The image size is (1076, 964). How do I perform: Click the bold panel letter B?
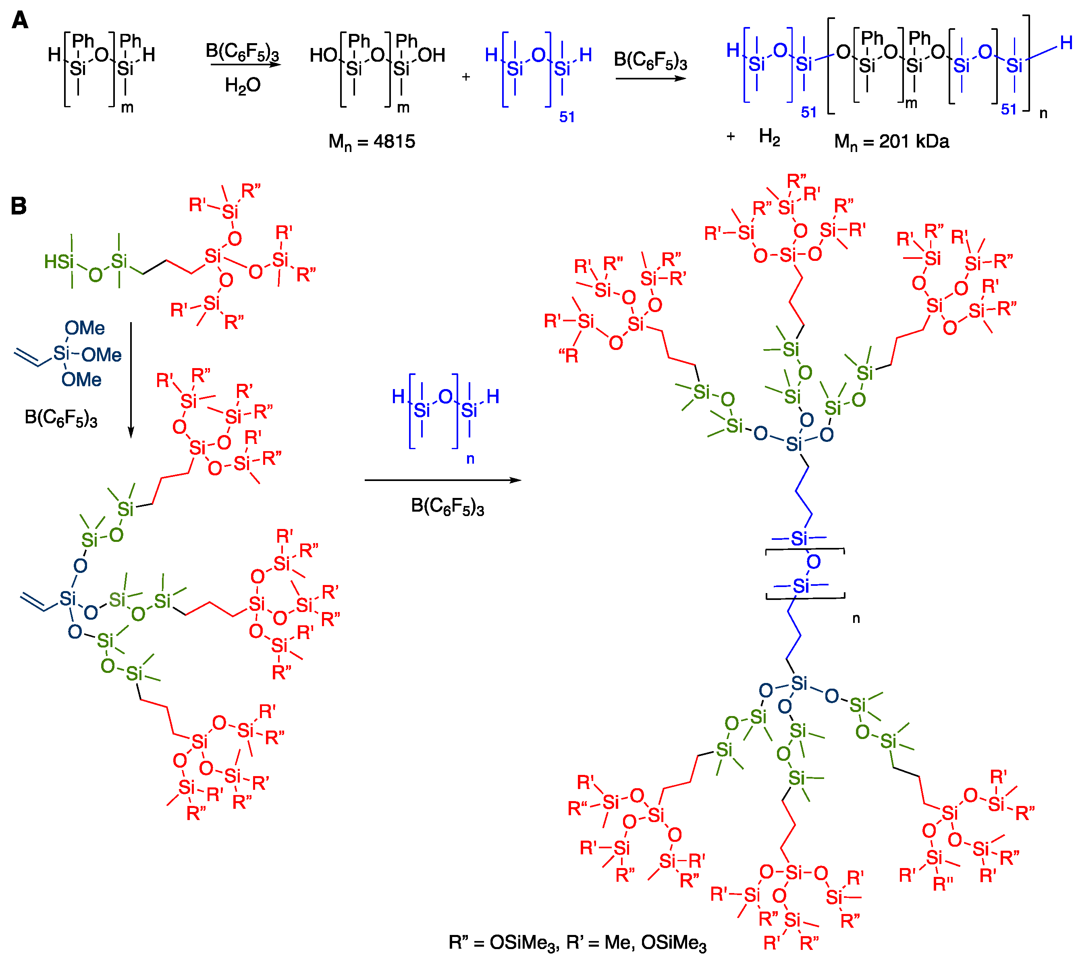pos(19,206)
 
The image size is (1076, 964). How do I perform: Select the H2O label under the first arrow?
pos(243,85)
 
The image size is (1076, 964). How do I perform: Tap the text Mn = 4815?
pos(372,142)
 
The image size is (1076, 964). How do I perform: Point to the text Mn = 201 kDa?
pos(892,142)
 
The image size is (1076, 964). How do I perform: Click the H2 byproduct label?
pos(769,137)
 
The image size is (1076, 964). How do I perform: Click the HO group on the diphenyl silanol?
pos(322,55)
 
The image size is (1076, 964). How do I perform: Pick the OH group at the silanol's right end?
pos(432,55)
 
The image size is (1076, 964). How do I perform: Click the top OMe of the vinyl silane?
pos(85,329)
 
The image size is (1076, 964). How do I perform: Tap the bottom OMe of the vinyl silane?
pos(81,380)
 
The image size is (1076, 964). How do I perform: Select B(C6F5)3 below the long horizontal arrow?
pos(447,507)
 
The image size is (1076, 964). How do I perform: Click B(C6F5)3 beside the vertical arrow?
pos(61,418)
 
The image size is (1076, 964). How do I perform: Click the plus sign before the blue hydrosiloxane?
pos(466,77)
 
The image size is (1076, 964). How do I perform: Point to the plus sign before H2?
pos(731,137)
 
